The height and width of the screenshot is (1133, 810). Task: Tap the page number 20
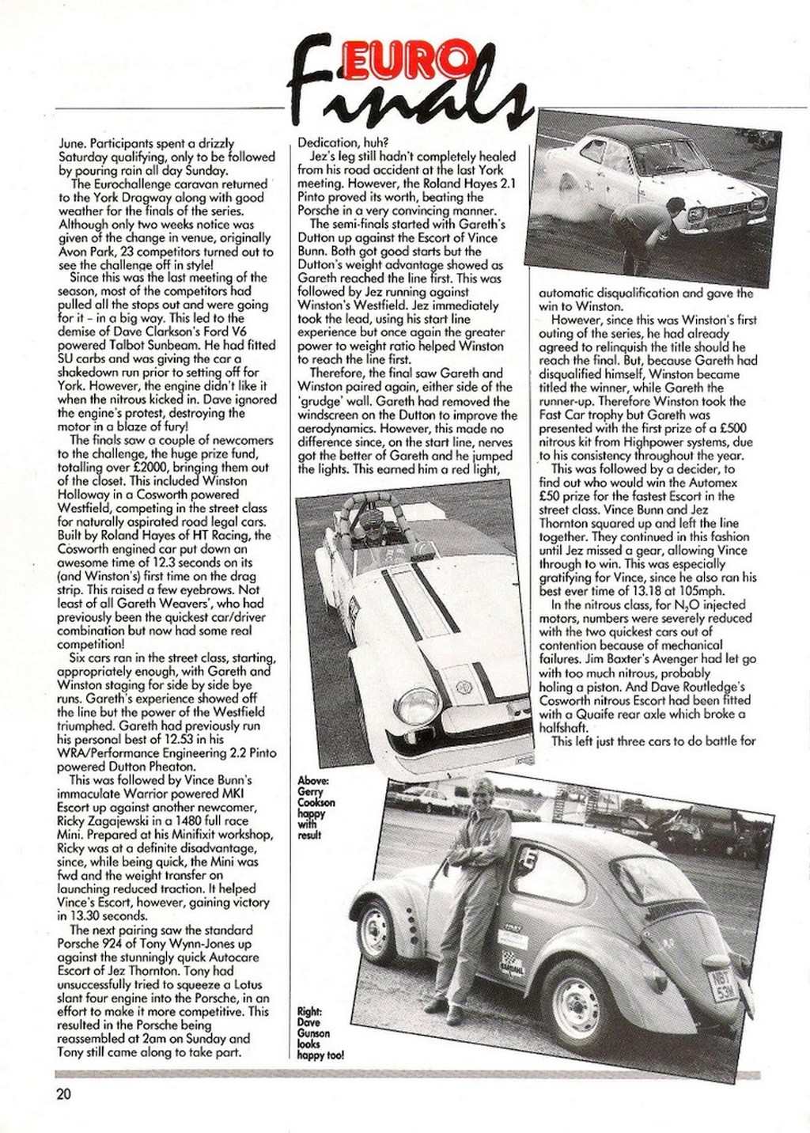pyautogui.click(x=63, y=1095)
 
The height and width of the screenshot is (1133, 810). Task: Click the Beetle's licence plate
pyautogui.click(x=725, y=987)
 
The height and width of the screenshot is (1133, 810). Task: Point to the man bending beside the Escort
pyautogui.click(x=645, y=229)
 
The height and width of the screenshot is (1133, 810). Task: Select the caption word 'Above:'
pyautogui.click(x=312, y=780)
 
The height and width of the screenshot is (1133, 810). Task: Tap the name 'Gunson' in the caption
pyautogui.click(x=314, y=1033)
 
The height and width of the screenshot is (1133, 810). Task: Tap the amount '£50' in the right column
pyautogui.click(x=551, y=496)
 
